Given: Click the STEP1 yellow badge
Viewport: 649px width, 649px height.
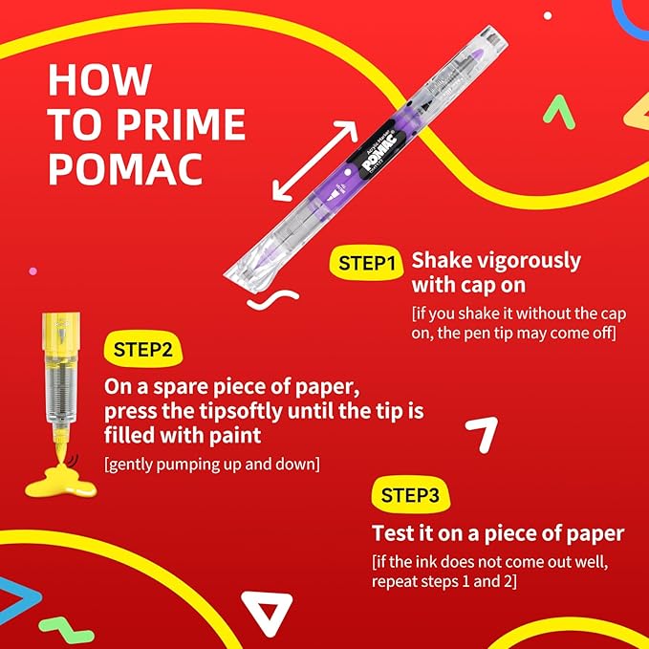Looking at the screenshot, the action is [x=366, y=263].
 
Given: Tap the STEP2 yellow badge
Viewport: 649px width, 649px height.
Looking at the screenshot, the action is [x=142, y=349].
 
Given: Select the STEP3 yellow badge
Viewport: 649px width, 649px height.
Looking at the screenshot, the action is [x=410, y=494].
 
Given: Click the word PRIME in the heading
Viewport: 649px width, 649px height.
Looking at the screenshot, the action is [x=181, y=124].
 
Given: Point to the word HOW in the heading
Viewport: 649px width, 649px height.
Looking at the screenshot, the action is [x=100, y=79].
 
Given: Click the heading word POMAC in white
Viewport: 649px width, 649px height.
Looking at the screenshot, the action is [x=126, y=169].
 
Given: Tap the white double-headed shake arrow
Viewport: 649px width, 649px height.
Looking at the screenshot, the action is [x=314, y=161].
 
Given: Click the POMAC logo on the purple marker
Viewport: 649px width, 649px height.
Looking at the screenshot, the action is [x=380, y=151].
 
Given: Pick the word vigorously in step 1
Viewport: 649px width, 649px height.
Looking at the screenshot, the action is [x=529, y=262].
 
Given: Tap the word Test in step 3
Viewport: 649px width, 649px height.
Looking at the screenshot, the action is [x=393, y=532].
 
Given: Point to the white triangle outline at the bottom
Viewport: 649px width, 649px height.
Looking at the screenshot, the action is [x=267, y=612].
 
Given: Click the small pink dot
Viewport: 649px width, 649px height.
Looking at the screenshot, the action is [x=32, y=271].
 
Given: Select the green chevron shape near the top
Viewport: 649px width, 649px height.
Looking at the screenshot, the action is [x=559, y=111].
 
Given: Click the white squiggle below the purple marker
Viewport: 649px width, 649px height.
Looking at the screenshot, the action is [x=273, y=299].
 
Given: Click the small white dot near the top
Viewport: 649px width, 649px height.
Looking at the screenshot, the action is [x=548, y=15].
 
